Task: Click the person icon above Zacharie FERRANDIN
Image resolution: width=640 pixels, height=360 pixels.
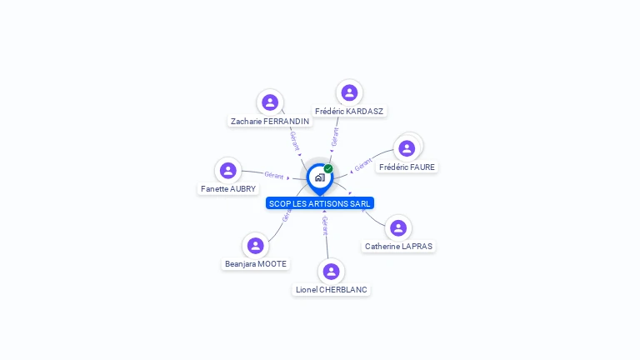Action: pos(269,102)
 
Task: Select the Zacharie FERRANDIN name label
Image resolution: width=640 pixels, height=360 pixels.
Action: pos(270,121)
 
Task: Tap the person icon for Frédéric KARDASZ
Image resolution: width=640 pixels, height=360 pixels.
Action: pos(349,92)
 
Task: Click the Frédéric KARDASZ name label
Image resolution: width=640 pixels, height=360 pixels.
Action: pos(350,111)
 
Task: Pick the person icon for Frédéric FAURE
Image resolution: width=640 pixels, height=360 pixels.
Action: pos(407,148)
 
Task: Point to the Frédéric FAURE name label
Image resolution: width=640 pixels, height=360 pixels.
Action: pos(407,167)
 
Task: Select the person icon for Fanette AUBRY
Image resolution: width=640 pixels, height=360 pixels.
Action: pos(228,171)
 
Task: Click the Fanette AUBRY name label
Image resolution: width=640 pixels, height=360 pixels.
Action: pos(228,189)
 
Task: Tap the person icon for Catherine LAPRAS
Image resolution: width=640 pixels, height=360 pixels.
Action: pos(398,227)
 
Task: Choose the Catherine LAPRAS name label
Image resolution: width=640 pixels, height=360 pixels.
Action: pos(399,247)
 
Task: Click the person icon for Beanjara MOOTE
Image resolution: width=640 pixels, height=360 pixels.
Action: pos(255,246)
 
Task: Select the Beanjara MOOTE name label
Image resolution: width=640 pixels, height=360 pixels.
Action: pos(256,264)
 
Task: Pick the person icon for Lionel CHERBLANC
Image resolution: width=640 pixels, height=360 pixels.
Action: pos(331,272)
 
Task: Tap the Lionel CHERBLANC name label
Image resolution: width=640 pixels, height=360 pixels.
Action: pos(332,290)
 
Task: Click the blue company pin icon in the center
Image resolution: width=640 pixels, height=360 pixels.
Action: pos(319,177)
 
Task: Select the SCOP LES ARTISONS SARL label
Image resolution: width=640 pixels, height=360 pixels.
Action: pos(320,203)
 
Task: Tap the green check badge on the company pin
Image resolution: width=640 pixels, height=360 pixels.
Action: pos(328,169)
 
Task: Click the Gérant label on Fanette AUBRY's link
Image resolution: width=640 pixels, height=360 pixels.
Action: pos(274,175)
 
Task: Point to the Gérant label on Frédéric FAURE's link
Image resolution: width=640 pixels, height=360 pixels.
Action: pos(363,165)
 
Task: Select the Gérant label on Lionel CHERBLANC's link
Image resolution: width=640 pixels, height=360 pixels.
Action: pos(325,225)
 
